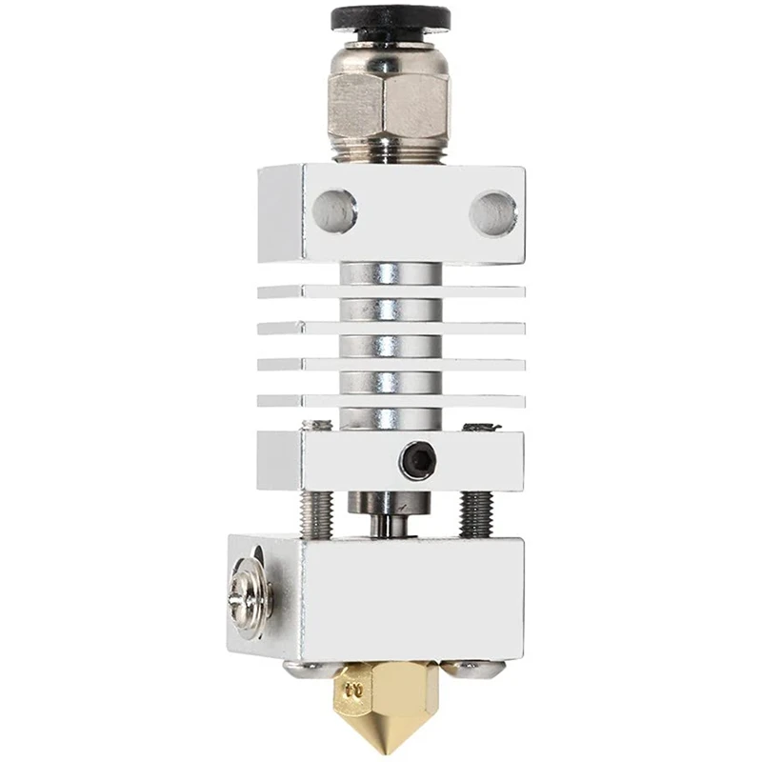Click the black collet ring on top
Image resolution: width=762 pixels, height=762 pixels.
coord(391,19)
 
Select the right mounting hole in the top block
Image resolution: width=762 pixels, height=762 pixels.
coord(493,211)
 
